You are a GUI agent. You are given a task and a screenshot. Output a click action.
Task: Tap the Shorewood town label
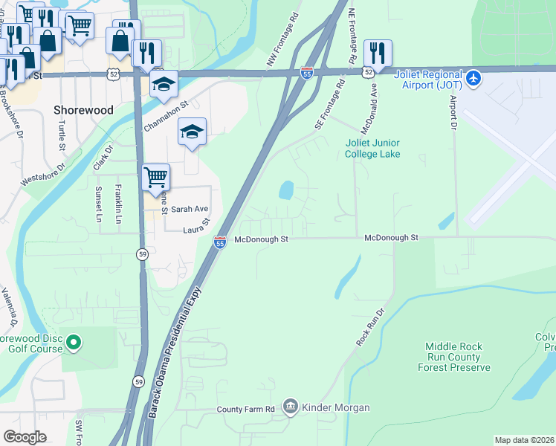click(83, 109)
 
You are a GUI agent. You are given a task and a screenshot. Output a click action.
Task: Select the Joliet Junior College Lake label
click(372, 149)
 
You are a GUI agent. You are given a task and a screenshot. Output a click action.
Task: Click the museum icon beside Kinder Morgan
click(290, 407)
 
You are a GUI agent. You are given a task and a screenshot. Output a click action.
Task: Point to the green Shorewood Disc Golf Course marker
click(73, 343)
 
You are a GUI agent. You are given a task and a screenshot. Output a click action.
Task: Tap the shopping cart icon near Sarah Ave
click(155, 178)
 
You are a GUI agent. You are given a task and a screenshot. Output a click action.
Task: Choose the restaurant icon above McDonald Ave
click(378, 54)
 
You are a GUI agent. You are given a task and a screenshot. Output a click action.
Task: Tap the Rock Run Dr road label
click(372, 326)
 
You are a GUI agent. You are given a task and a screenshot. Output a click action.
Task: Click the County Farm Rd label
click(246, 409)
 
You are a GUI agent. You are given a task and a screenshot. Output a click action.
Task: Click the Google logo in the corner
click(25, 436)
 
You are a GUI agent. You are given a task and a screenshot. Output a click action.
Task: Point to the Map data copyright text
click(524, 440)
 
